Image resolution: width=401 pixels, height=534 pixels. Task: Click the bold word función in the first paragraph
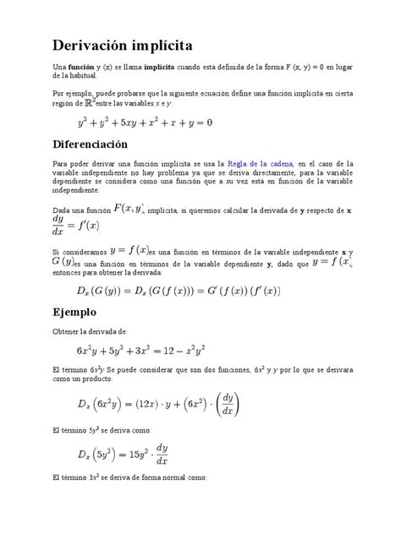[81, 65]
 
